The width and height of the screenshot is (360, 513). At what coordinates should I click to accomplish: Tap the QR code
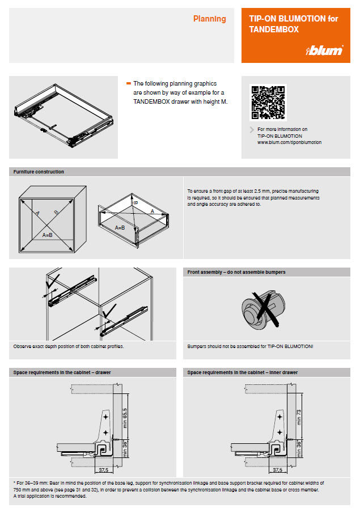[x=268, y=103]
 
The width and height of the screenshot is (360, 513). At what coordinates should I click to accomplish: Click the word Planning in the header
[x=209, y=19]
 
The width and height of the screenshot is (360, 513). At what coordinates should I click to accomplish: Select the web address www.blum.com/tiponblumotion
[x=289, y=143]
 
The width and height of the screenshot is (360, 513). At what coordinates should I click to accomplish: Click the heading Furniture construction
[x=39, y=172]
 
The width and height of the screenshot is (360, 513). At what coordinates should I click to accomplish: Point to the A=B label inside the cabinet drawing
[x=47, y=234]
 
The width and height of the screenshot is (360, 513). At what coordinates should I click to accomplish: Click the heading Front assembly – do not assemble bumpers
[x=236, y=272]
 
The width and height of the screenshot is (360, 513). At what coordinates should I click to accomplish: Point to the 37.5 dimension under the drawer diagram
[x=103, y=470]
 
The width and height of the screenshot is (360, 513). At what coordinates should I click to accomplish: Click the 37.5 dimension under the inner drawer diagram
[x=277, y=470]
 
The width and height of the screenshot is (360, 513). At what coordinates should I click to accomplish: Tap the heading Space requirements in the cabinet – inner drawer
[x=243, y=372]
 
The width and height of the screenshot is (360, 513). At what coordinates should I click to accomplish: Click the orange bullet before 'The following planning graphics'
[x=129, y=83]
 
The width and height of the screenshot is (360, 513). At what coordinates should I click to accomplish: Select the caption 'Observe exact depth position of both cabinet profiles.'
[x=69, y=346]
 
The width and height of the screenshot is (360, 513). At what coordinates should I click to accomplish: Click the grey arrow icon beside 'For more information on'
[x=252, y=130]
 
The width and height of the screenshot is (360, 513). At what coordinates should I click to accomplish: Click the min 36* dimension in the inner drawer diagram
[x=298, y=448]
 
